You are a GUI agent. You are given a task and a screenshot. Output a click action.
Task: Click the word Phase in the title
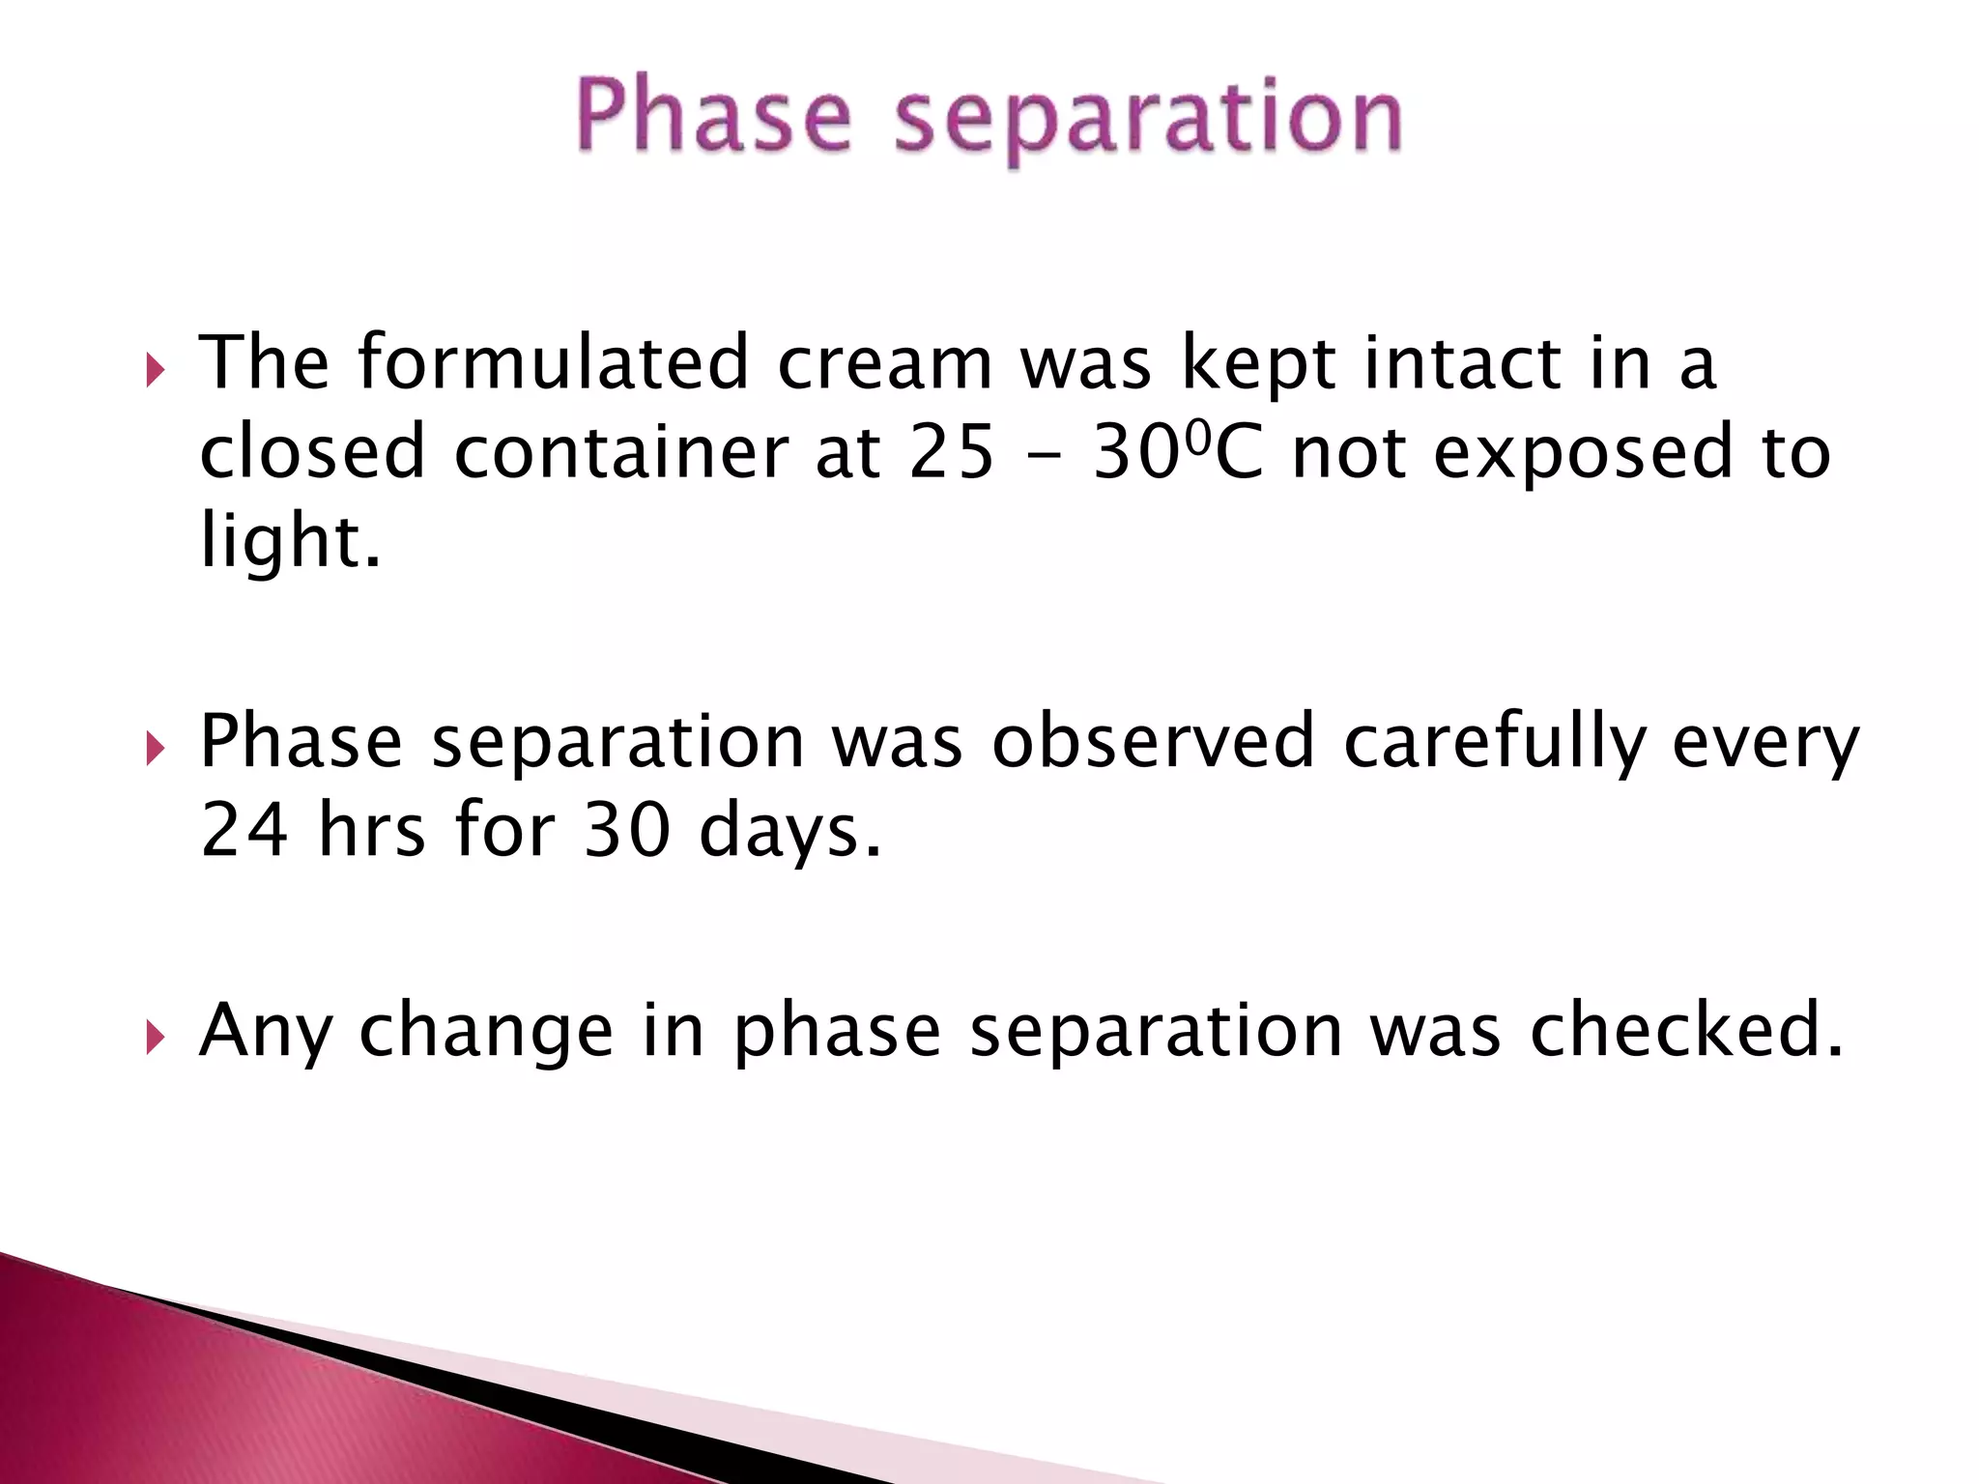tap(713, 118)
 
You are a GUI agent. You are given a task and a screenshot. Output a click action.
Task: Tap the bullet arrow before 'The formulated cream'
tap(155, 370)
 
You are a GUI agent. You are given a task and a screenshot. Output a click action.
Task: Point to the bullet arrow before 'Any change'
tap(155, 1039)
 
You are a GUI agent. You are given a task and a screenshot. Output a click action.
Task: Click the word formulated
tap(553, 362)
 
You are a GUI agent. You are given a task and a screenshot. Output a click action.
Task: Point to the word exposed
tap(1583, 454)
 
